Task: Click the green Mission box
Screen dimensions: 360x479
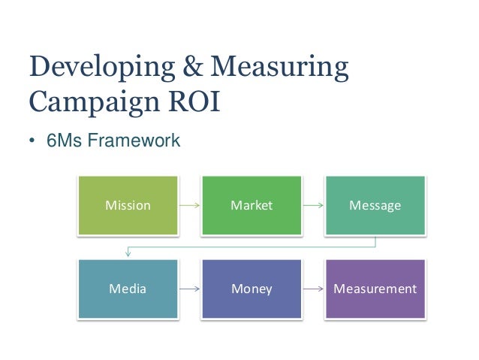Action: click(x=128, y=205)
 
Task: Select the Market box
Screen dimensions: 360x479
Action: click(x=252, y=205)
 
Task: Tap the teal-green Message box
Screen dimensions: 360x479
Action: click(x=375, y=205)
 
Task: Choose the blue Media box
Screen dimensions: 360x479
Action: click(x=128, y=288)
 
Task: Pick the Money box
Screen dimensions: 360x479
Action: click(x=252, y=288)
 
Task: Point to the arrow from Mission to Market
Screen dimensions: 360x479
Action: click(x=189, y=205)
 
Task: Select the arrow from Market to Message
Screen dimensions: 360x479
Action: click(x=313, y=205)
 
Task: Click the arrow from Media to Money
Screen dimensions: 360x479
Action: click(x=189, y=288)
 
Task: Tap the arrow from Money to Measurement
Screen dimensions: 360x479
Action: click(x=313, y=288)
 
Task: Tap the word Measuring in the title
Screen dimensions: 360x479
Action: click(x=279, y=69)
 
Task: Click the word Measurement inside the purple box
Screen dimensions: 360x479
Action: click(x=375, y=289)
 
